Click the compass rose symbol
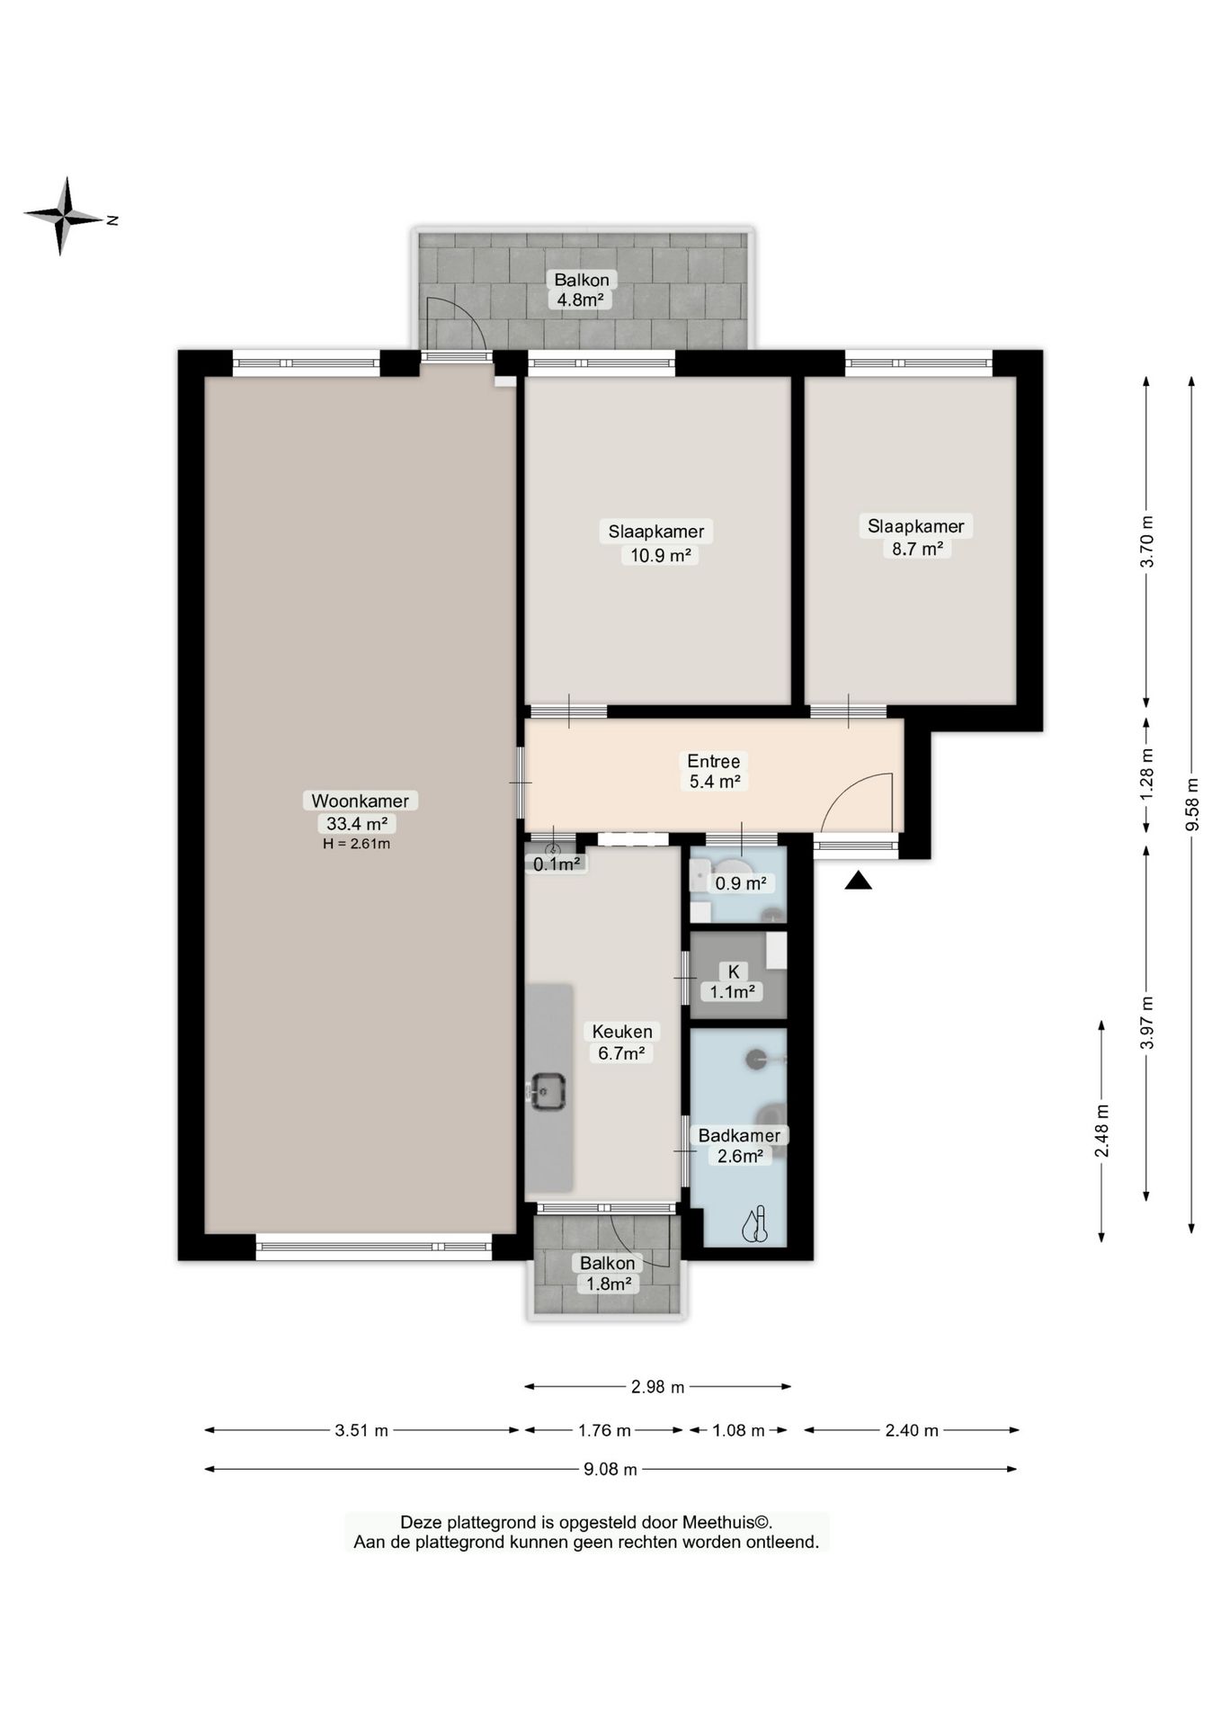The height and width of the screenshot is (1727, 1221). pos(63,216)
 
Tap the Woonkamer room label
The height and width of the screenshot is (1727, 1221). pos(360,801)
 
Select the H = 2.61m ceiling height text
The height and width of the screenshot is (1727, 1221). pos(356,844)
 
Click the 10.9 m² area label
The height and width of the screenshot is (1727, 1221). pos(660,555)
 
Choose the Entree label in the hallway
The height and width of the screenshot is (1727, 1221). pos(714,761)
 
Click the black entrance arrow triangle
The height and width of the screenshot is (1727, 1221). pos(858,881)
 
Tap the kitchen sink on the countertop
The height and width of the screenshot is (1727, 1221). pos(546,1092)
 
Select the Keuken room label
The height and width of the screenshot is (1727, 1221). pos(622,1031)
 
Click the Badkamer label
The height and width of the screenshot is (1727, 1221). pos(739,1135)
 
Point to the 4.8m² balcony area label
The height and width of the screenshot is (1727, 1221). pos(579,300)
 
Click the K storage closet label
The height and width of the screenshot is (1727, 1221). pos(734,971)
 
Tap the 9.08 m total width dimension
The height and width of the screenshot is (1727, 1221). pos(610,1470)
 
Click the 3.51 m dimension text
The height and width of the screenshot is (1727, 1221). pos(361,1430)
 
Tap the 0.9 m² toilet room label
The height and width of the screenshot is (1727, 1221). pos(740,883)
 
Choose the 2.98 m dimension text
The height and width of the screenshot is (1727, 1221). pos(658,1387)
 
